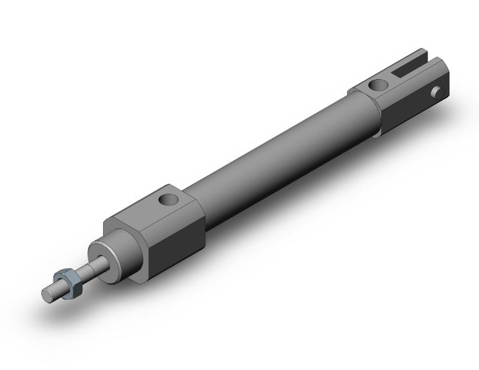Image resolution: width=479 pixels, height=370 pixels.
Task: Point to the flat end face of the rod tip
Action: coord(46,295)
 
